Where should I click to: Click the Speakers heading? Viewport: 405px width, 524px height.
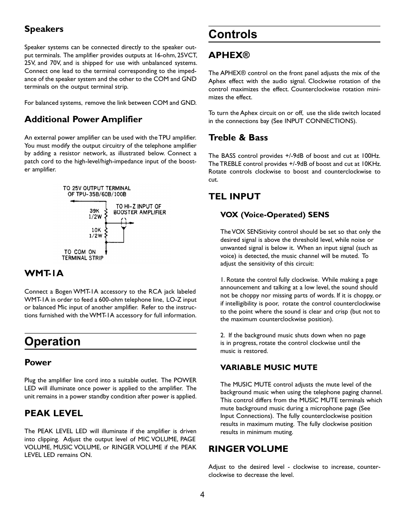[x=44, y=29]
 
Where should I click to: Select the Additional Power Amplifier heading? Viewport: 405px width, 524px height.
[x=83, y=119]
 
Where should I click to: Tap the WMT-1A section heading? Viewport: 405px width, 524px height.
[x=44, y=273]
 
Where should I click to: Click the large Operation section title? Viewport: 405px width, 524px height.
[x=53, y=342]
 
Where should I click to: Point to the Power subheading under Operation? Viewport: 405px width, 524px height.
[x=38, y=362]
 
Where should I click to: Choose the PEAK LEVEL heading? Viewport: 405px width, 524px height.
[x=53, y=413]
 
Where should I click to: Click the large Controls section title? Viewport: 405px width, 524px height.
[x=233, y=34]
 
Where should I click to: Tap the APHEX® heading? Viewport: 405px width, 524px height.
[x=229, y=55]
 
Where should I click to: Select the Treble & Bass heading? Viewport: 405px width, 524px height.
[x=238, y=137]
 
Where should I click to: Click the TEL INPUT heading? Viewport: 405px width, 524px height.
[x=234, y=196]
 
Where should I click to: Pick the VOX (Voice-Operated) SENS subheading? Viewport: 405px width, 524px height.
[x=274, y=215]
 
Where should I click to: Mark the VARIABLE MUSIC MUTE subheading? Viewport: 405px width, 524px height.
[x=269, y=367]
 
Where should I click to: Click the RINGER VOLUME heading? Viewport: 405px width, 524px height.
[x=248, y=449]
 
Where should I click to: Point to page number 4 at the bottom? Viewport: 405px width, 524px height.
[x=202, y=494]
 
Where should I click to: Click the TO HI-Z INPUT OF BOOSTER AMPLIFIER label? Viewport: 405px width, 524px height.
[x=139, y=209]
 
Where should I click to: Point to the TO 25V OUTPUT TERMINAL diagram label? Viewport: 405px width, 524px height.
[x=97, y=191]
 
